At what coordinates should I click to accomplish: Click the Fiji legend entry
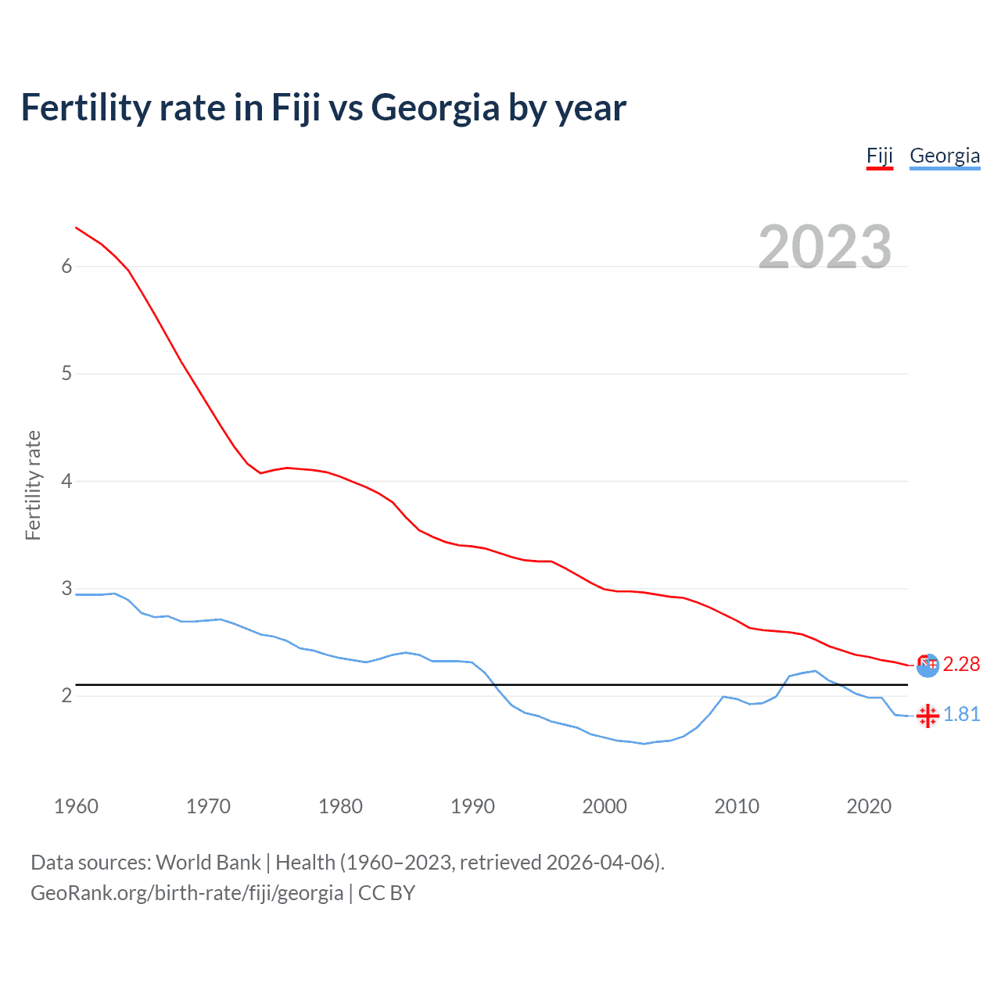879,156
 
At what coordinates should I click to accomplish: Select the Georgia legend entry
945,156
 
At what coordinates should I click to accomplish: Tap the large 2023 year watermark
825,247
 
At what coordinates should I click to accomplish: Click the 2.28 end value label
961,665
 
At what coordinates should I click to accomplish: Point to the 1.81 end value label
961,715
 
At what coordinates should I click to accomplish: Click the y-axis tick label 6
66,267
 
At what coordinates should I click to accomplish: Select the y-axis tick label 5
66,374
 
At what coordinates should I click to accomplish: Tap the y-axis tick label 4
66,481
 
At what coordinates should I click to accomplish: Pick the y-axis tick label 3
66,588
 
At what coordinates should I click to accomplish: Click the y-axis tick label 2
66,695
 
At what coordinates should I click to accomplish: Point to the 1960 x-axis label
76,806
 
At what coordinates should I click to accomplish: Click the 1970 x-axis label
208,806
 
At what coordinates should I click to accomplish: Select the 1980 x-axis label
340,806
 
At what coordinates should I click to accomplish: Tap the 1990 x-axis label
472,806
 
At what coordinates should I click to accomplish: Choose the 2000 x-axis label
605,806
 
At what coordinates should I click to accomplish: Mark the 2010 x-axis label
737,806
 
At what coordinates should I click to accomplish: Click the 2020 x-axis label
869,806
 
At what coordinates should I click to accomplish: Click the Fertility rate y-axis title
33,485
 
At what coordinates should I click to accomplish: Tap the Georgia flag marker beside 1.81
927,716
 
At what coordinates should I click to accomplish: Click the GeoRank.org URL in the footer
187,893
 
